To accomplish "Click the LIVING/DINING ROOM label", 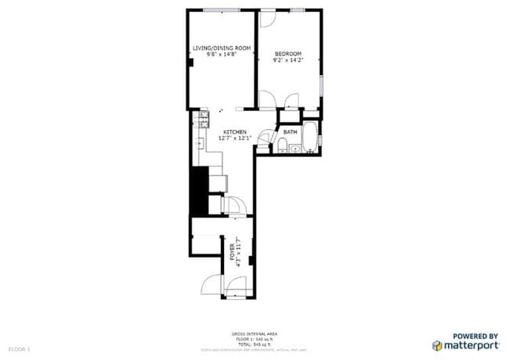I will point(222,49).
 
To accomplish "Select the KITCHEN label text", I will point(235,131).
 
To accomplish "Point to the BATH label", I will point(290,131).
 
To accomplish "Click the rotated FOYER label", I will point(232,252).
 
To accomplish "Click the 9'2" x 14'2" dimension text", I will point(287,59).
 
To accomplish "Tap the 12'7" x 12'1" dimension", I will point(235,139).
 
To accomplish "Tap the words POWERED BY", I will point(476,334).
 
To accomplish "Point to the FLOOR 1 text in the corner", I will point(18,346).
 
